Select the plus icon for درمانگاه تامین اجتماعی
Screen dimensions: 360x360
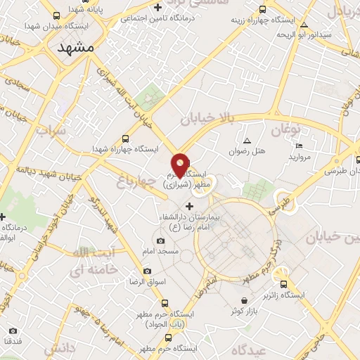coord(158,7)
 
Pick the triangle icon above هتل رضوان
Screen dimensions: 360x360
coord(247,141)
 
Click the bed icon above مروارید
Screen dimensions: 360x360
coord(298,146)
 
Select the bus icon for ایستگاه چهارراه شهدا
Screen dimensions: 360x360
coord(125,139)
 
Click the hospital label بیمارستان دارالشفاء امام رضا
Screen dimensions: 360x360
coord(189,222)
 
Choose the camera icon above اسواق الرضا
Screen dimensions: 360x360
coord(147,271)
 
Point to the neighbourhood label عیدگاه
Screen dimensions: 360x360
coord(264,349)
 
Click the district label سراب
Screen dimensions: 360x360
coord(51,131)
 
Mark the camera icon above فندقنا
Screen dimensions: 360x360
coord(13,330)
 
